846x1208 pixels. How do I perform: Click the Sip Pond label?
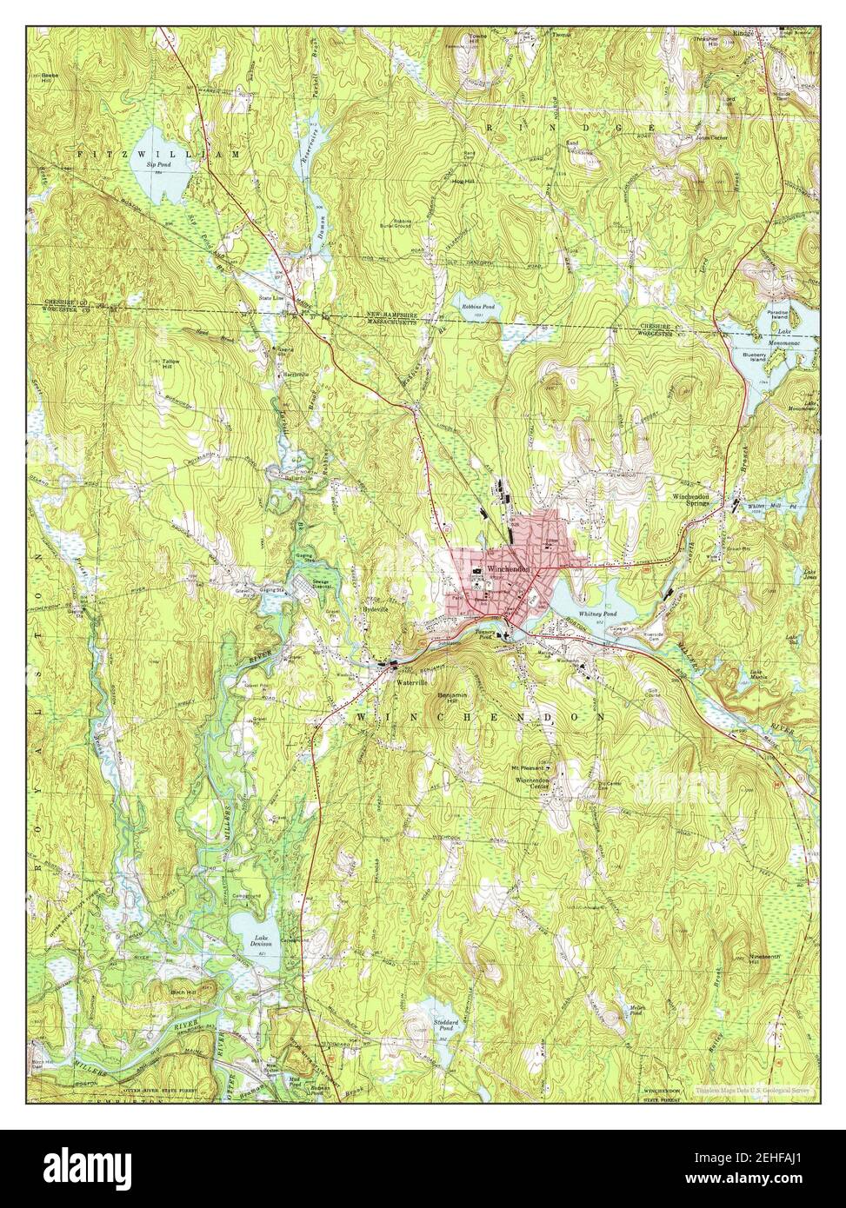155,164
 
